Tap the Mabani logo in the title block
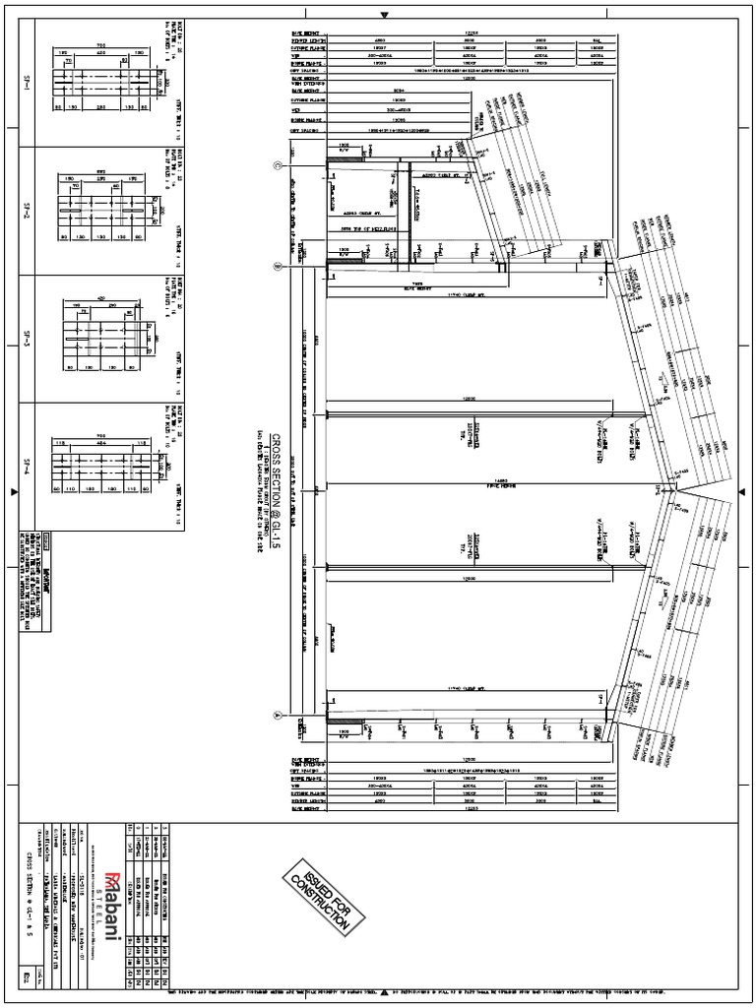[114, 907]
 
